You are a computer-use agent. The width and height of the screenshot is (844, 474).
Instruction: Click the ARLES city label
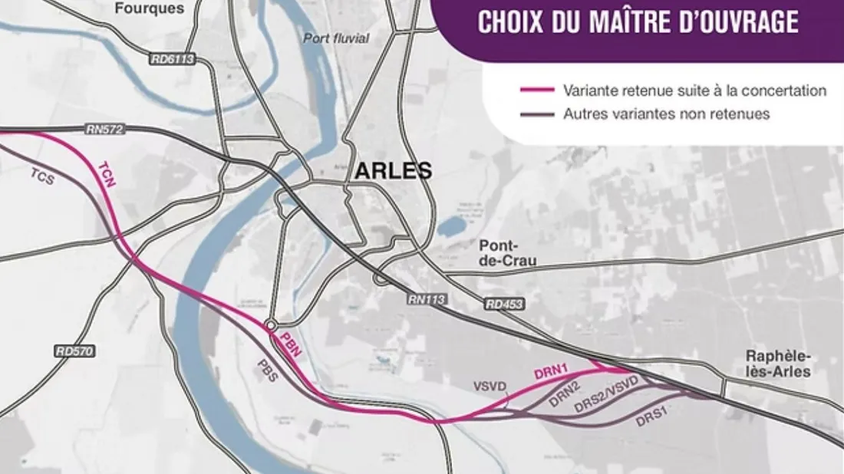(x=392, y=170)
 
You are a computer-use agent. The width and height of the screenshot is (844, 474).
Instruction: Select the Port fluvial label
(x=336, y=38)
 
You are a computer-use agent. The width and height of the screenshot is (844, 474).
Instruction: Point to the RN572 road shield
(x=104, y=130)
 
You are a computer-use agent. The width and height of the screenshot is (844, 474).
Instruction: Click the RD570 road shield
(x=74, y=351)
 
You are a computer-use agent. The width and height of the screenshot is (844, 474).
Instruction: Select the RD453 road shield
(x=504, y=304)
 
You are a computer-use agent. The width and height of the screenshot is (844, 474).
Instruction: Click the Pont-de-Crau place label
(x=507, y=254)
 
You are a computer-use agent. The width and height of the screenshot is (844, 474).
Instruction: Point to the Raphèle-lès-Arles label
(x=778, y=364)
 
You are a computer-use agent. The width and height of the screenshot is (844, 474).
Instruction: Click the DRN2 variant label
(x=564, y=394)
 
